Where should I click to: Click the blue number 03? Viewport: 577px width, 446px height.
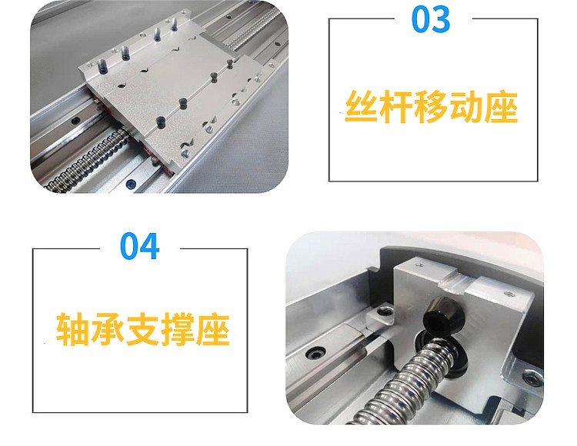[x=431, y=19]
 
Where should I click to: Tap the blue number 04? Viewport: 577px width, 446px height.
[x=139, y=246]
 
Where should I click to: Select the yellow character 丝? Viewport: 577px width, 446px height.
[x=361, y=107]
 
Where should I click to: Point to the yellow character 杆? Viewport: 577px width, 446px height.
[x=395, y=107]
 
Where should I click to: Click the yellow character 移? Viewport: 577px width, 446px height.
[x=431, y=107]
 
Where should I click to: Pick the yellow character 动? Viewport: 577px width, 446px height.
[x=465, y=107]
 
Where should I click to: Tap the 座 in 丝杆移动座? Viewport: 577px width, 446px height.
[x=501, y=107]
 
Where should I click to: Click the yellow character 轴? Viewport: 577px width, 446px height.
[x=72, y=329]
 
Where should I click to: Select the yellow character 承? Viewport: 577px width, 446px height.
[x=107, y=329]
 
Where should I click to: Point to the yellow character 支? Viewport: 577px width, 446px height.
[x=142, y=329]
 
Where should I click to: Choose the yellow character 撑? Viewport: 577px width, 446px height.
[x=177, y=329]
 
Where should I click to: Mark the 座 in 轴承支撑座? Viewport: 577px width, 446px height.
[x=212, y=329]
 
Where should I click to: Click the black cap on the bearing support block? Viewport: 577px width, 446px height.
[x=441, y=315]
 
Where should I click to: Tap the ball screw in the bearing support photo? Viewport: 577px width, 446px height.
[x=405, y=382]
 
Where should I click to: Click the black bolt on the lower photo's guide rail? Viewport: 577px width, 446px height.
[x=315, y=354]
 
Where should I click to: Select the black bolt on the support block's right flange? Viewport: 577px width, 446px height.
[x=532, y=378]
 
